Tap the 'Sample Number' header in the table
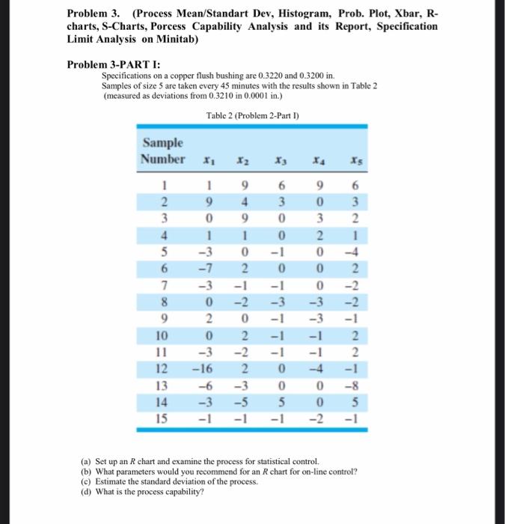(164, 151)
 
